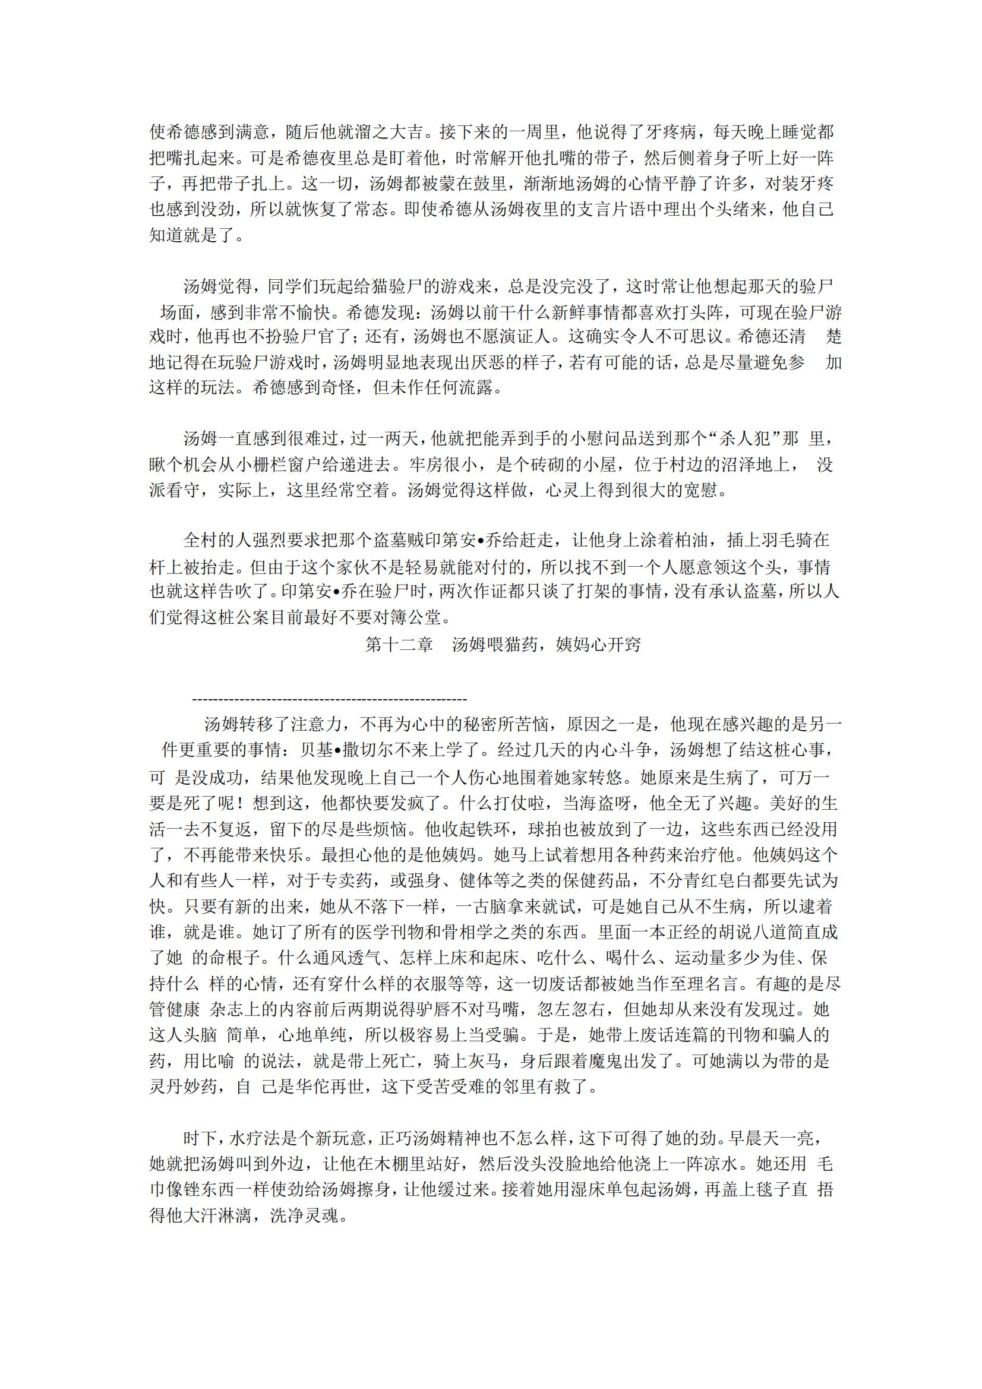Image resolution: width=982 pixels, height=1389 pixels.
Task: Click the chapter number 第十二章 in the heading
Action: pyautogui.click(x=399, y=645)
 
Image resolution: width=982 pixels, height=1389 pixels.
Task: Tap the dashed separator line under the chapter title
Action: pyautogui.click(x=329, y=700)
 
